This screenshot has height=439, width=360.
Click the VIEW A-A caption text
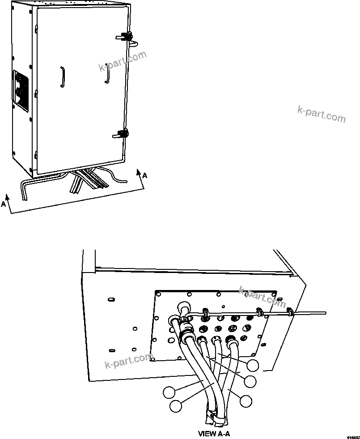[214, 433]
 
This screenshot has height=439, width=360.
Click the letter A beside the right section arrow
[144, 176]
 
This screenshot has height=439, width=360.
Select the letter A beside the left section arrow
[4, 204]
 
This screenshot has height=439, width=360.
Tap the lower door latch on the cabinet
[120, 133]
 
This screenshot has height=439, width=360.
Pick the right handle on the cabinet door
[107, 73]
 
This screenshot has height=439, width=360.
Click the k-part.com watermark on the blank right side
[321, 113]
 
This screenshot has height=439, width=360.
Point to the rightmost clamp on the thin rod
[289, 311]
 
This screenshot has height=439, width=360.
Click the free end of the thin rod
[326, 313]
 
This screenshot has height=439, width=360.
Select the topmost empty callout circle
[253, 365]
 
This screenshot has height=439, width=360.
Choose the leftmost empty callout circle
[169, 392]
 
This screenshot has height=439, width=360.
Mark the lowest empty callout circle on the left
[176, 406]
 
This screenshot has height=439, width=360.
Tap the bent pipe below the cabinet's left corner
[24, 190]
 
